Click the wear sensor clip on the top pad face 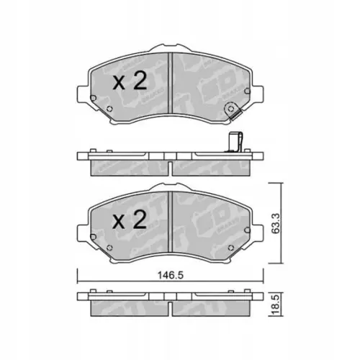pos(231,111)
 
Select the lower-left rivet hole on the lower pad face pos(108,251)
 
